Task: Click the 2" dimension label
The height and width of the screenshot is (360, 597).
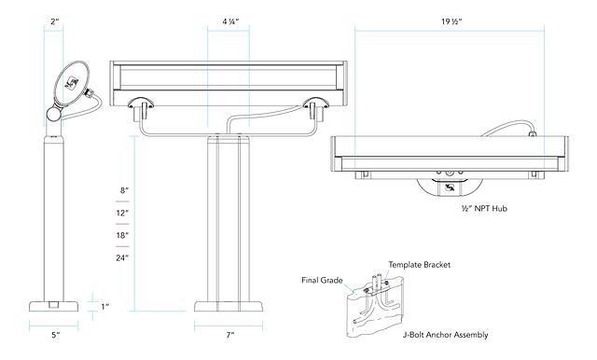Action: click(x=55, y=21)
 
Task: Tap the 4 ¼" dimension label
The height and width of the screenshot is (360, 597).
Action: click(x=230, y=21)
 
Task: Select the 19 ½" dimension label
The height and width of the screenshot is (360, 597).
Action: click(x=451, y=21)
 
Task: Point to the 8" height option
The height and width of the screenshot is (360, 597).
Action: click(x=125, y=190)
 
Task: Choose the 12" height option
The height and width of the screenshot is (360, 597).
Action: click(x=122, y=213)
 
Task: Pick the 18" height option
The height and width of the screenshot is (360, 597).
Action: click(x=122, y=235)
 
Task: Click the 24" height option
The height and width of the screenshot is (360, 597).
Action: click(x=122, y=257)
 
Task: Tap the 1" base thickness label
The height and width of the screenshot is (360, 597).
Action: click(x=105, y=306)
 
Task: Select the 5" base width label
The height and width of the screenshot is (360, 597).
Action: click(x=56, y=335)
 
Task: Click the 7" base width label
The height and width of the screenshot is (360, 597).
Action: click(x=230, y=335)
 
